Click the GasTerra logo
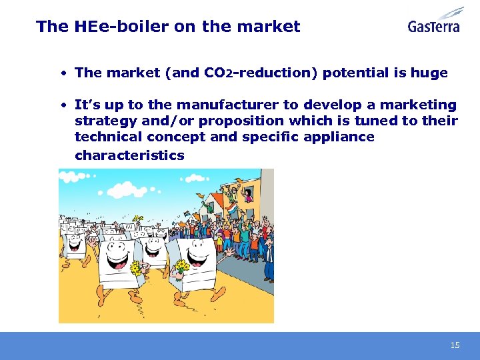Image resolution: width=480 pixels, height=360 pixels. pyautogui.click(x=435, y=21)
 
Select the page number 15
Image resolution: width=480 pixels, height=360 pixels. pyautogui.click(x=455, y=345)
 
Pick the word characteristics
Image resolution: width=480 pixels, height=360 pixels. pyautogui.click(x=129, y=155)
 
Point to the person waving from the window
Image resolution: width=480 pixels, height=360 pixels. pyautogui.click(x=248, y=194)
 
